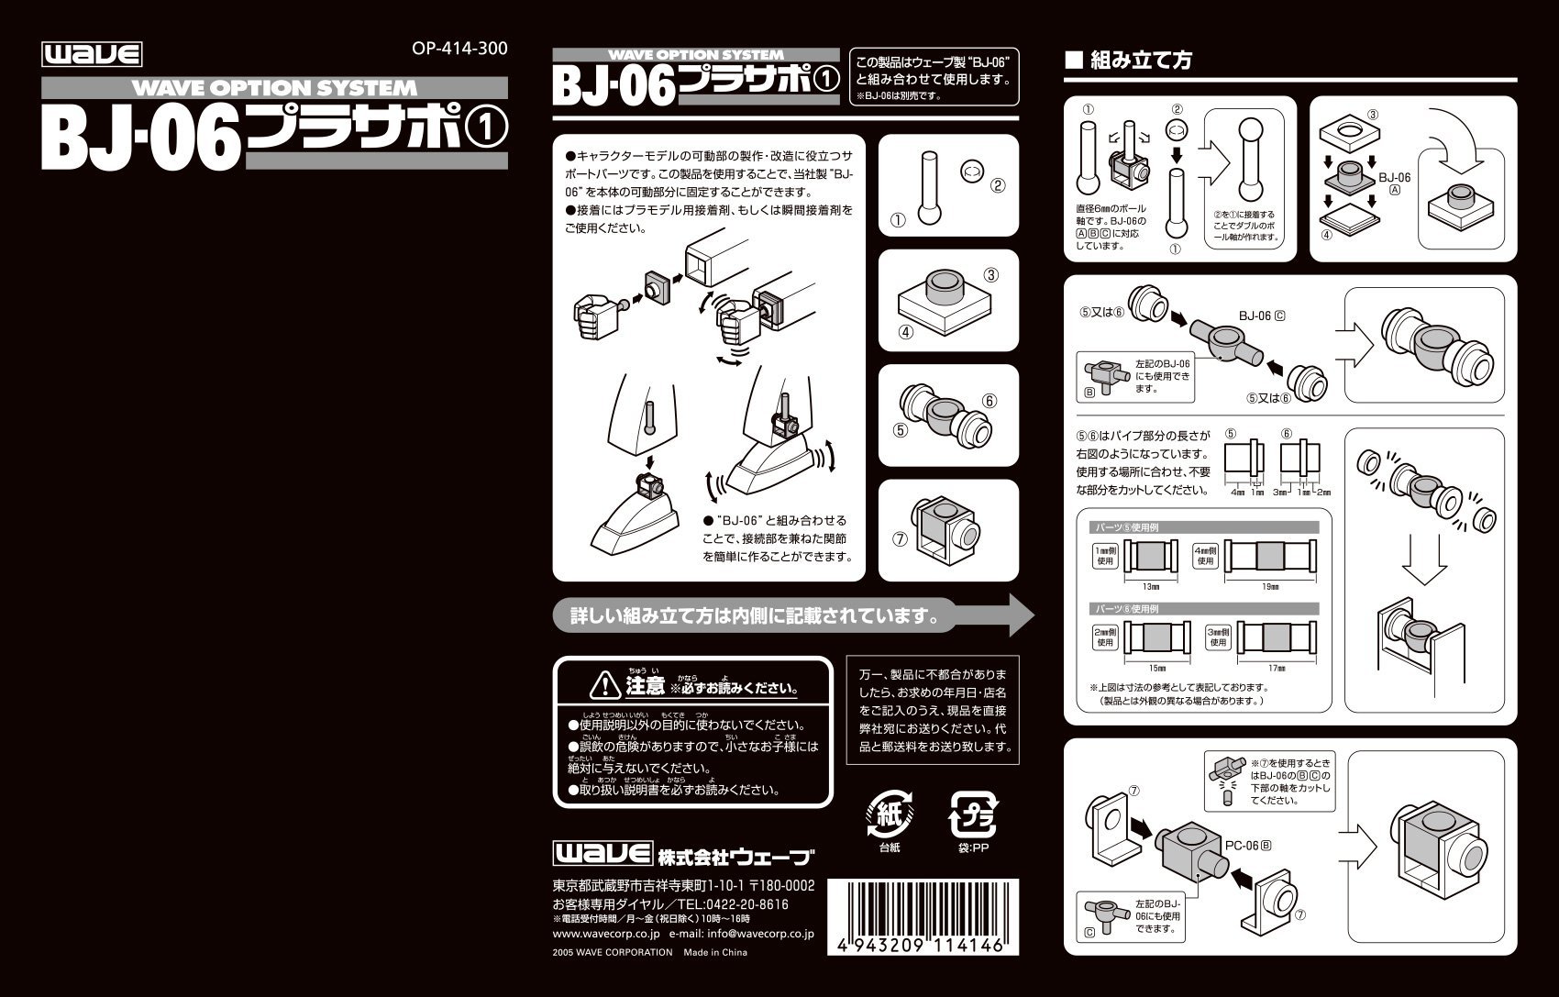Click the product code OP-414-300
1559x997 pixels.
[x=459, y=49]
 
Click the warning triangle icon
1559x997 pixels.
[x=605, y=684]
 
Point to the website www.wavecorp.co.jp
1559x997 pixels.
[x=606, y=934]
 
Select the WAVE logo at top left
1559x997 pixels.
[x=92, y=55]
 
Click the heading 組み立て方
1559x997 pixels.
[x=1140, y=61]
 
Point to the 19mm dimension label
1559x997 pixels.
[x=1270, y=585]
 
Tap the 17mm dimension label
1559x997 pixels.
[x=1276, y=668]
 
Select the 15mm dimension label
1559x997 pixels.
[x=1156, y=668]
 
